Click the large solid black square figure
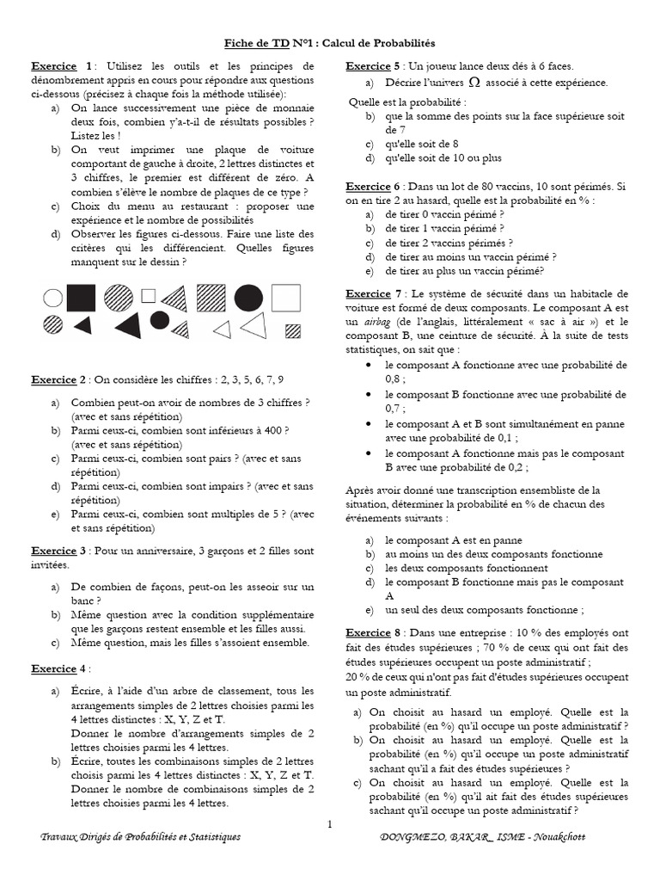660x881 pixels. (81, 298)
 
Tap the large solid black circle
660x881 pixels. (248, 298)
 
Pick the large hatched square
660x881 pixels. (210, 298)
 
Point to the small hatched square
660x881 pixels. (294, 330)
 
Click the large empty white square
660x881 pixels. (286, 298)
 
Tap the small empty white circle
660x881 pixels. (53, 299)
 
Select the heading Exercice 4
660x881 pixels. (59, 668)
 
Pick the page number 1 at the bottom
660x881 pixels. (329, 825)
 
